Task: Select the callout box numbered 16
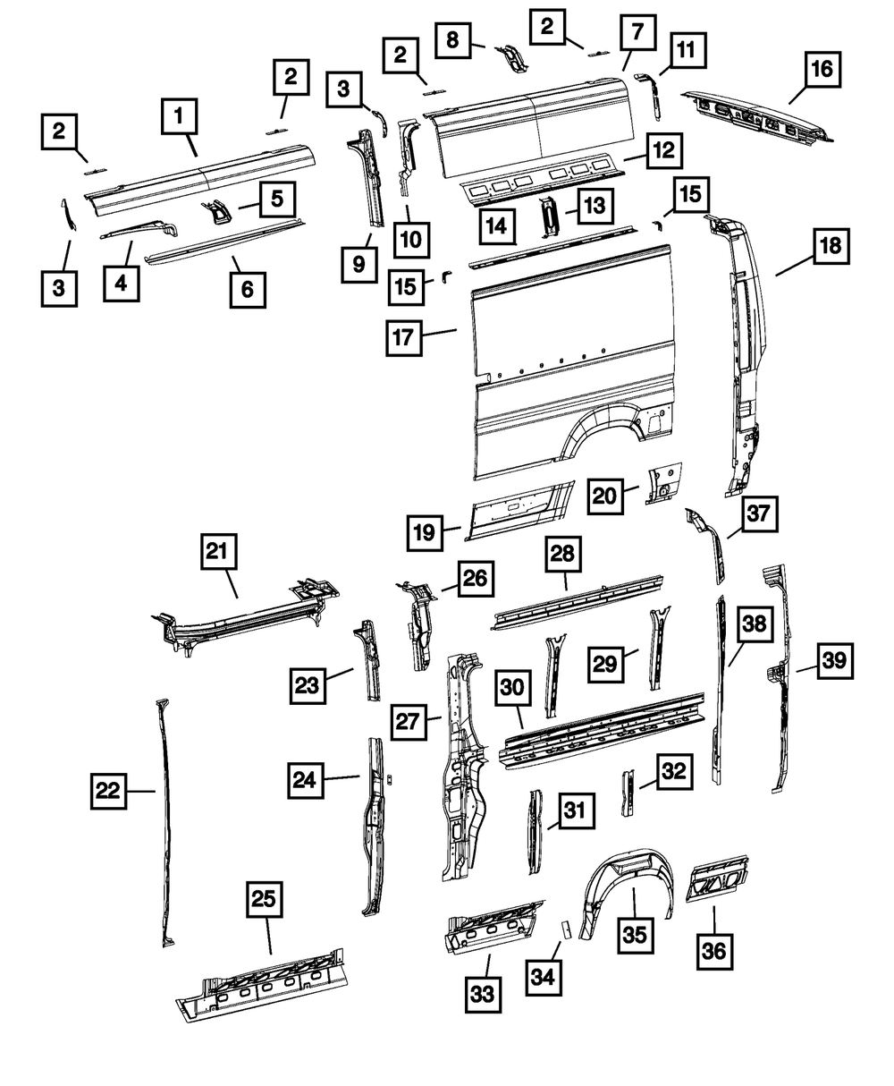click(821, 67)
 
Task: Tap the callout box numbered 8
click(452, 40)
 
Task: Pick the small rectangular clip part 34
click(564, 928)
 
